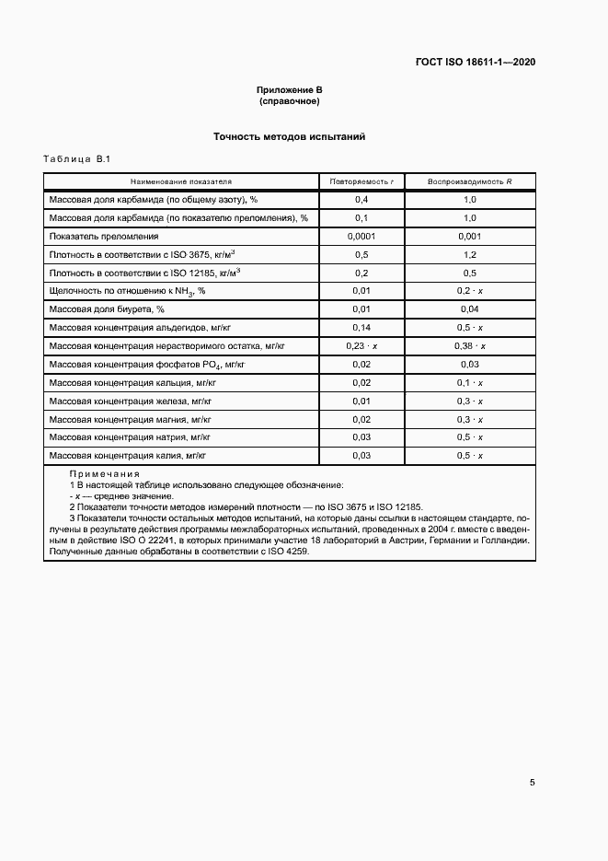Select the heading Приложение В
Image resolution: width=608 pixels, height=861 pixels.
[x=289, y=90]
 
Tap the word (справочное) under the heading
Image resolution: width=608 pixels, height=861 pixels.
[x=289, y=101]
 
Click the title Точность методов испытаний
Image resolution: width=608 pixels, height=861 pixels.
[x=290, y=136]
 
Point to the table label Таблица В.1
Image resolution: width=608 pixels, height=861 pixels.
[x=76, y=160]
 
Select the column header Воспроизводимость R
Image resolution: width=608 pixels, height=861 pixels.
[x=469, y=181]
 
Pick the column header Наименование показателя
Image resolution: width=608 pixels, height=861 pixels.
[x=181, y=181]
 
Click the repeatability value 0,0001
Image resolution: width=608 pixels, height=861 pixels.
[x=361, y=236]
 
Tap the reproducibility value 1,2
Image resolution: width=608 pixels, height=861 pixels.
[x=469, y=254]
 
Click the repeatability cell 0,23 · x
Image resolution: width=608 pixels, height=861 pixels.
[x=361, y=345]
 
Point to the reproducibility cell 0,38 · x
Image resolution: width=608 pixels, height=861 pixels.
[x=469, y=345]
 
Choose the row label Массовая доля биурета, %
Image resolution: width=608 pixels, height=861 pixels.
[x=106, y=308]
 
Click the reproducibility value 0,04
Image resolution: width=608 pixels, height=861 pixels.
[x=469, y=308]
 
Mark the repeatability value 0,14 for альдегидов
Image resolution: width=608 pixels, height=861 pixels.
[x=361, y=327]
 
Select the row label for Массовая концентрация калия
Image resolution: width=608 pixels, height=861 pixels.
[x=127, y=455]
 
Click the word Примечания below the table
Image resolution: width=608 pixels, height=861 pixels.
[x=105, y=473]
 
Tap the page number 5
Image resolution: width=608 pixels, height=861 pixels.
[x=532, y=783]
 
